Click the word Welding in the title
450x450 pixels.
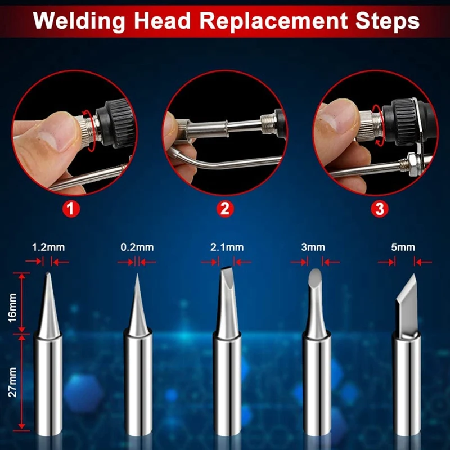(x=79, y=21)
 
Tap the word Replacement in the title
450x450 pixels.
(x=273, y=21)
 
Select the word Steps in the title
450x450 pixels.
(x=388, y=21)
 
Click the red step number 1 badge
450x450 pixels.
(x=71, y=209)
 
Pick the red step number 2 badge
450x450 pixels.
(x=225, y=209)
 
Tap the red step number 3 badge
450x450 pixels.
(x=379, y=209)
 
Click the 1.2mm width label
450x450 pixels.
(x=48, y=247)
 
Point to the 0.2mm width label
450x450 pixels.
(x=137, y=247)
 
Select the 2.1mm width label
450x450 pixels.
(x=227, y=247)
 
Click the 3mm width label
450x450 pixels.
(x=313, y=247)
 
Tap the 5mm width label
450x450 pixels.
(x=403, y=247)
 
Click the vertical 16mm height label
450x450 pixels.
(x=12, y=308)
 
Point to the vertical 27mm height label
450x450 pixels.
(x=12, y=382)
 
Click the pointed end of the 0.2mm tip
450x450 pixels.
(x=137, y=274)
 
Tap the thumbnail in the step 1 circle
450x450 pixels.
(x=52, y=141)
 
